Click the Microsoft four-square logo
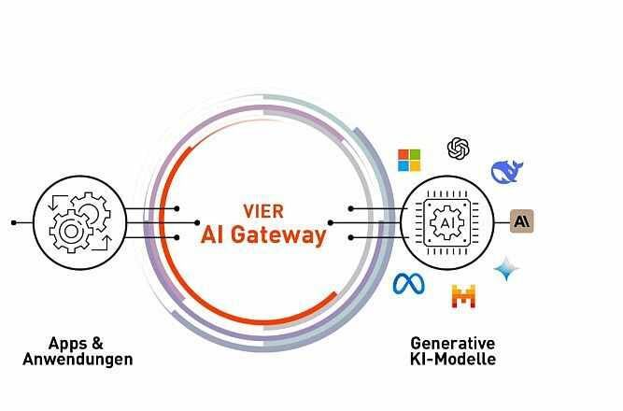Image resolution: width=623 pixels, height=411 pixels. tap(409, 160)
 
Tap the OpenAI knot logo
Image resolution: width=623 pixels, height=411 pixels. tap(458, 149)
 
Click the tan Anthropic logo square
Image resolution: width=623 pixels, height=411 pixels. tap(522, 221)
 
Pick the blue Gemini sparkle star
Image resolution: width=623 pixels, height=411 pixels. tap(506, 269)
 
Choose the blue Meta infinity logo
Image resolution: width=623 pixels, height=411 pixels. tap(408, 283)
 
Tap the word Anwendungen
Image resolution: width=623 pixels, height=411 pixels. tap(78, 359)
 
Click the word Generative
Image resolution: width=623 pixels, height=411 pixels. tap(453, 343)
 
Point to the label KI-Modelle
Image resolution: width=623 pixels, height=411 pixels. tap(453, 359)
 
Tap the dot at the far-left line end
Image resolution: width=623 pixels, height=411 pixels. tap(13, 223)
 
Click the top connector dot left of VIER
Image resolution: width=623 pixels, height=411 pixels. tap(176, 208)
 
